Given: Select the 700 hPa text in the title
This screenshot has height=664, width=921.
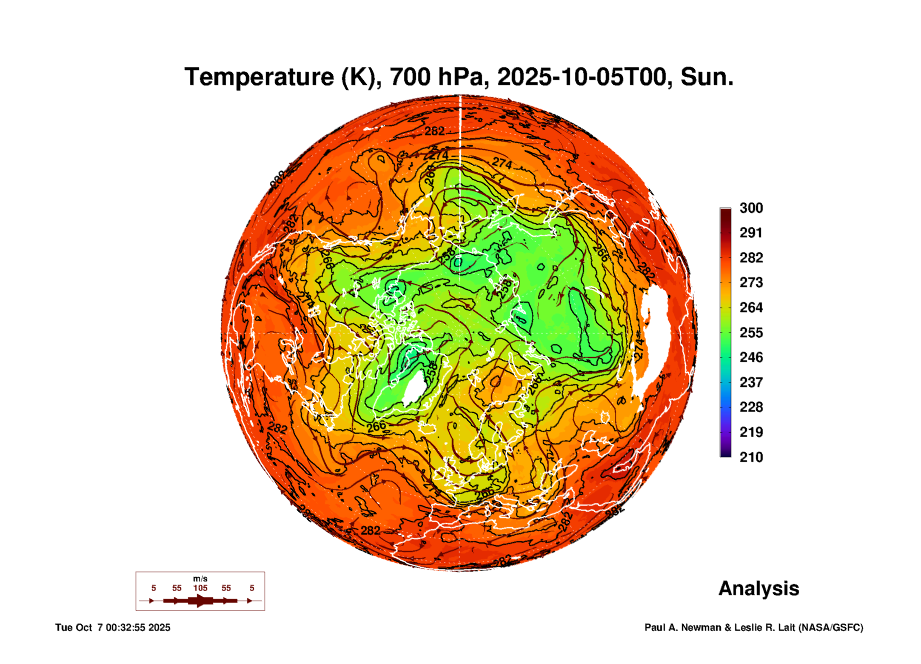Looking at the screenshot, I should click(x=436, y=77).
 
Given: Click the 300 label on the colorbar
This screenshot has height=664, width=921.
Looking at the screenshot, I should click(x=751, y=208).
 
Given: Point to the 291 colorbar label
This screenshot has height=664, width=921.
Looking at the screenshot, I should click(x=751, y=233).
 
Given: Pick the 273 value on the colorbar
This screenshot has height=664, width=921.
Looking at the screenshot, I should click(x=751, y=282).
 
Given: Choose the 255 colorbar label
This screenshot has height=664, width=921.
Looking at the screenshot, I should click(x=751, y=332).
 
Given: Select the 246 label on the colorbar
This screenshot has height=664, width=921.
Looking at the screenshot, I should click(x=751, y=357).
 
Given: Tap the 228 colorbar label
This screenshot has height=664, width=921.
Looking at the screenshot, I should click(x=751, y=407).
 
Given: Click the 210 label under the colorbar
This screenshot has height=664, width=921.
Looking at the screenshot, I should click(x=751, y=457).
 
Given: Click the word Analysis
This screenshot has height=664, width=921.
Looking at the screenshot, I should click(x=758, y=589).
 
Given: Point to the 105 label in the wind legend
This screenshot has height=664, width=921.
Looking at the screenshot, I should click(x=200, y=588).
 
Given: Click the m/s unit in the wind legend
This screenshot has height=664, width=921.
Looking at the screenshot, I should click(x=200, y=579).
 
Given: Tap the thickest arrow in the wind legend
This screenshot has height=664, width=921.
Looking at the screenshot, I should click(x=200, y=601).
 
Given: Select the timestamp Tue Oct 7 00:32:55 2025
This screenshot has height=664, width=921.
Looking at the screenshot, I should click(x=113, y=628).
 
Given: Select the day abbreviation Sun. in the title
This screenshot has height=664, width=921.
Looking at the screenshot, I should click(x=707, y=77).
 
